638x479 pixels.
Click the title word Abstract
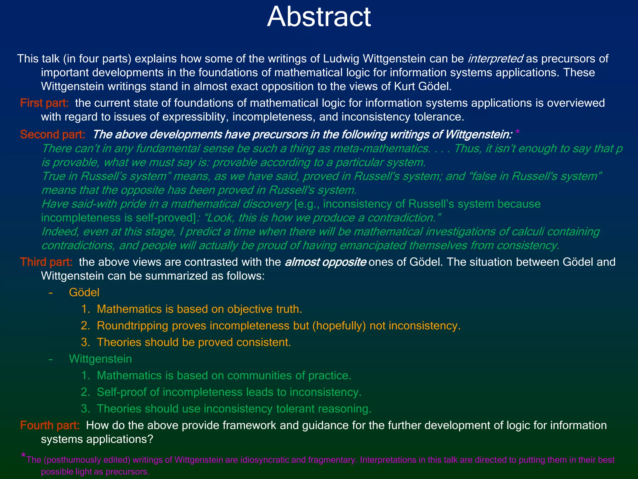[319, 17]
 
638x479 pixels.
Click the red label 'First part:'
[44, 103]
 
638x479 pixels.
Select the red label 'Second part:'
[53, 135]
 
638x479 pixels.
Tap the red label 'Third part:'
[46, 262]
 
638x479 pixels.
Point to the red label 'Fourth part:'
[50, 425]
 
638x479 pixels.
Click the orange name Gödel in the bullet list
[84, 293]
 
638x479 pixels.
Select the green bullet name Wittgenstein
[100, 359]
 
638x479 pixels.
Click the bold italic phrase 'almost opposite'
[326, 262]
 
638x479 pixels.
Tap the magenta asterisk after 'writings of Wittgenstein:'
[517, 133]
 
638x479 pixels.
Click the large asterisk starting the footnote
[23, 456]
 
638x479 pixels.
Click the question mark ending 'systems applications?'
[150, 439]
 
